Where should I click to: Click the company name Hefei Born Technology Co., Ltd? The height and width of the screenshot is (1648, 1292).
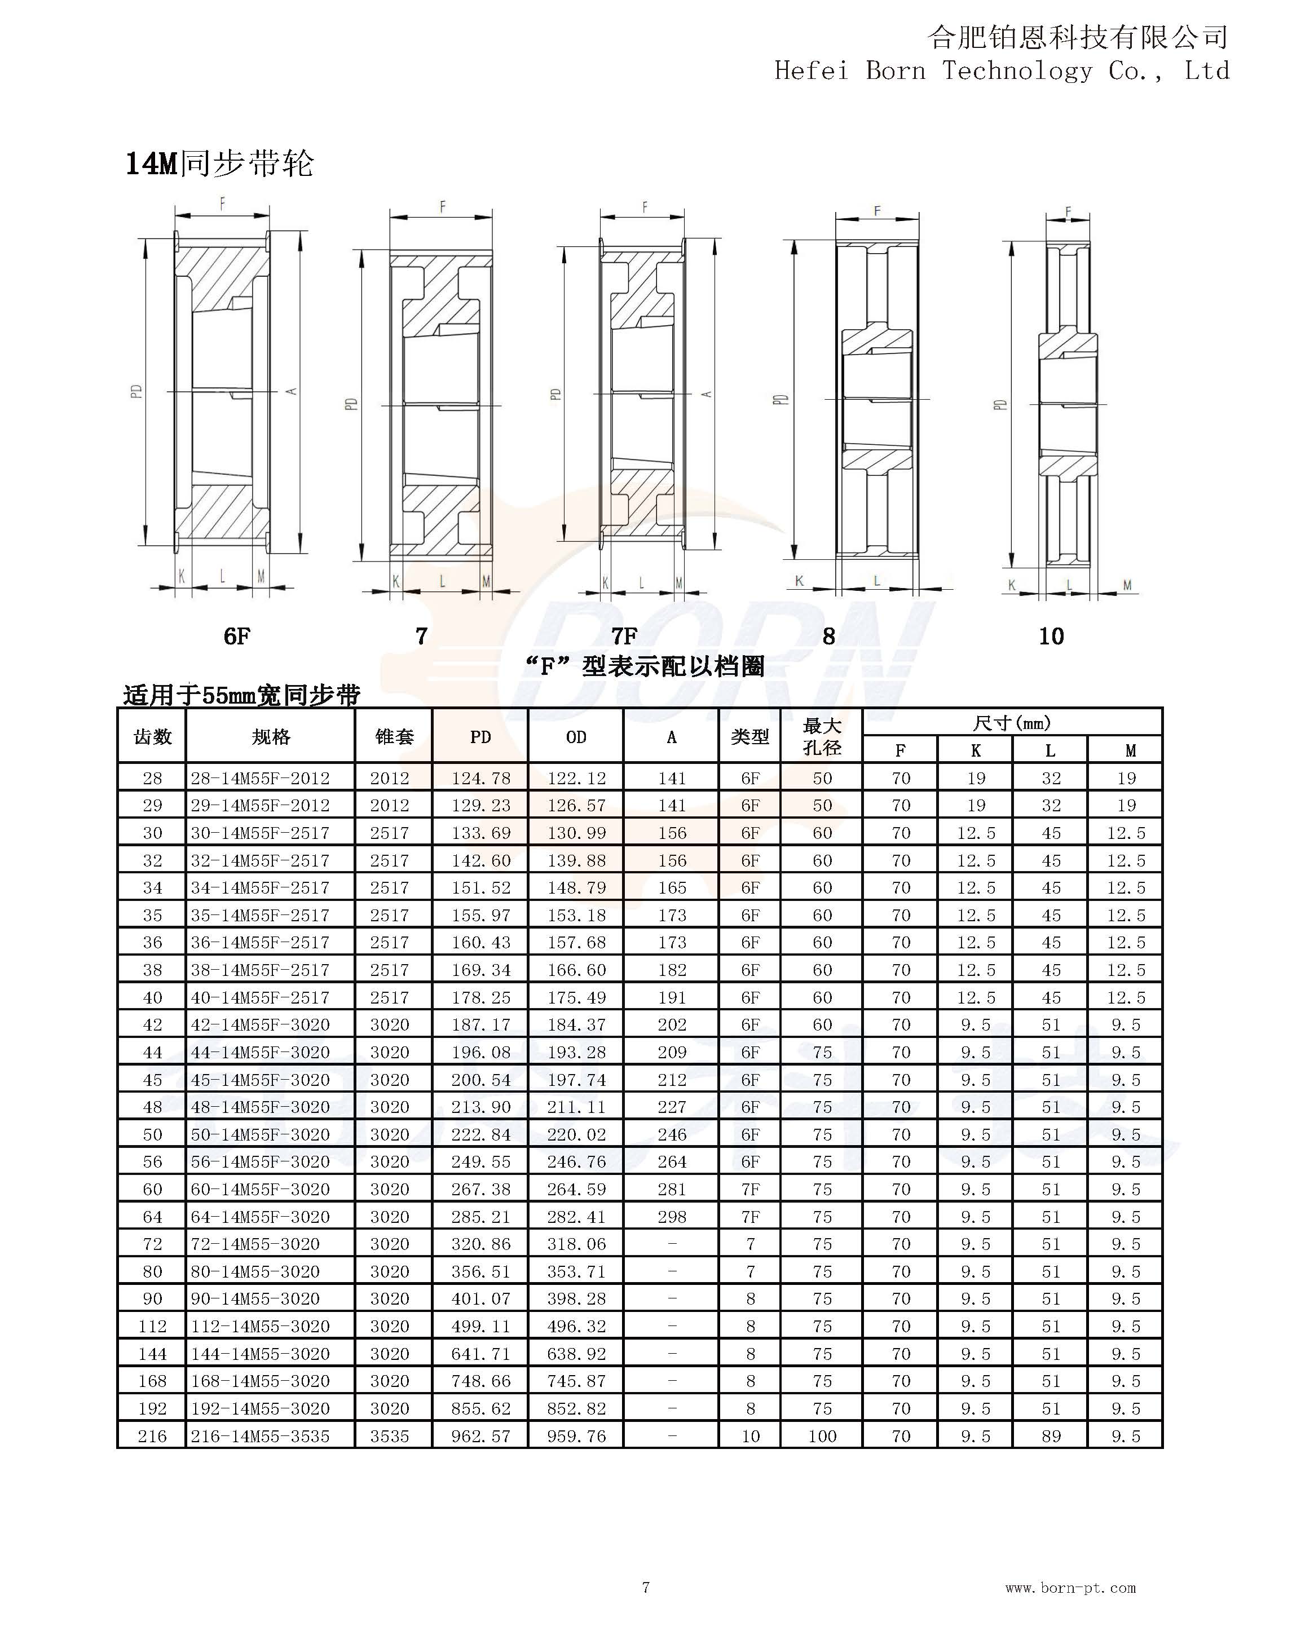(1002, 71)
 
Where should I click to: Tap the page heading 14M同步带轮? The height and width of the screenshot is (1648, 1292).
(219, 164)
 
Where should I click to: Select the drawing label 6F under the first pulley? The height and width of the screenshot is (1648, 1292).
(237, 636)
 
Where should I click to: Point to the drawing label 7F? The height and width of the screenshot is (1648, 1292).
(625, 636)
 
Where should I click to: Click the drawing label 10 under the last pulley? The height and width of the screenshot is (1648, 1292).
(1051, 636)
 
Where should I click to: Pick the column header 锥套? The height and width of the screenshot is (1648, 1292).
(394, 737)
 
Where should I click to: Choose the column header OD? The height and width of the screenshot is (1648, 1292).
(576, 737)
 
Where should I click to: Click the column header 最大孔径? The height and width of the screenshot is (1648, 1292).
(822, 737)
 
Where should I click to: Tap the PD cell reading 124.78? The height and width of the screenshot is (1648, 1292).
(481, 778)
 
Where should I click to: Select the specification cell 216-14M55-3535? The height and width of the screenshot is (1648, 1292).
(260, 1436)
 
